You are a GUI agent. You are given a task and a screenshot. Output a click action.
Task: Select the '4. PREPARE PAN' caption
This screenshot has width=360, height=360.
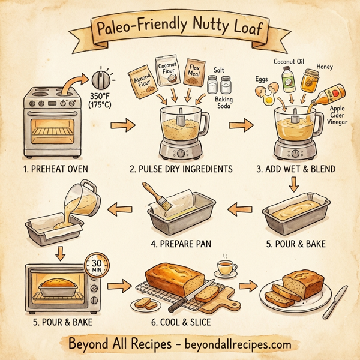click(x=178, y=243)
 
